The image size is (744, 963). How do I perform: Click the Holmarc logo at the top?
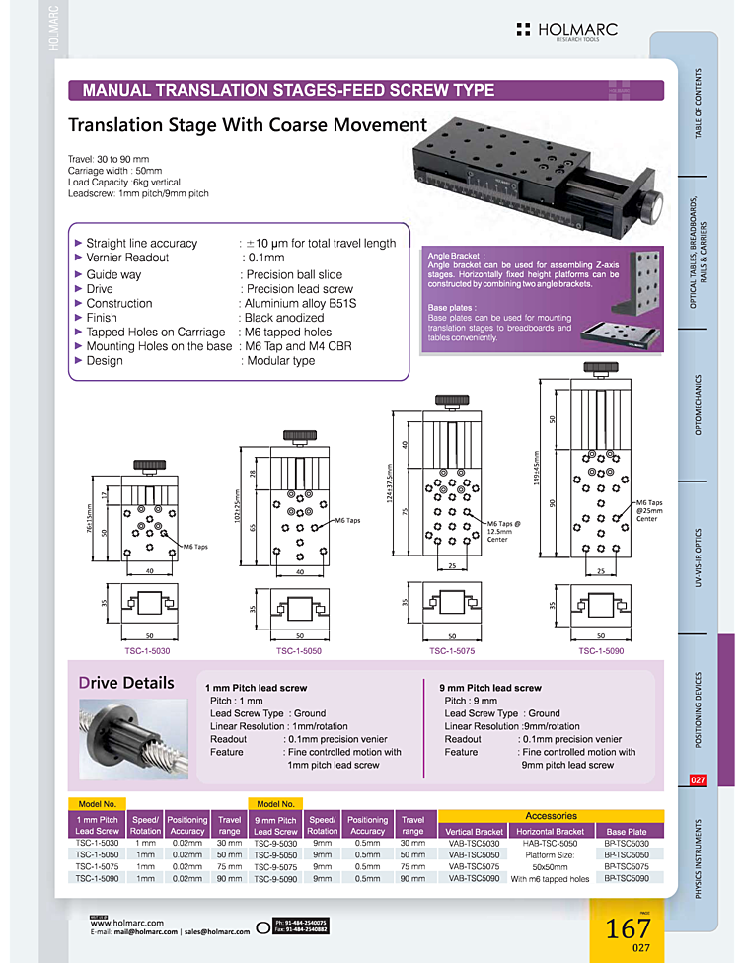pyautogui.click(x=565, y=31)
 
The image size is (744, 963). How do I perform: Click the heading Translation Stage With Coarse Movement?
pyautogui.click(x=247, y=125)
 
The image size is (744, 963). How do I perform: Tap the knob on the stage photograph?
pyautogui.click(x=652, y=208)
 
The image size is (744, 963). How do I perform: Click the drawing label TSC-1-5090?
pyautogui.click(x=601, y=651)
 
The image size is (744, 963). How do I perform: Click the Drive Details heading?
pyautogui.click(x=125, y=683)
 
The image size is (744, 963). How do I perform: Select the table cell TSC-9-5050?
pyautogui.click(x=275, y=854)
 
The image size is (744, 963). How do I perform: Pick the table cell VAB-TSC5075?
pyautogui.click(x=475, y=866)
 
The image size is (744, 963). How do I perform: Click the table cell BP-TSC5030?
pyautogui.click(x=627, y=844)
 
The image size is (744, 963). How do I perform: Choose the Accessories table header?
pyautogui.click(x=551, y=816)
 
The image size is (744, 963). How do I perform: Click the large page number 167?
pyautogui.click(x=628, y=928)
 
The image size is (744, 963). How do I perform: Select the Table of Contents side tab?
pyautogui.click(x=699, y=104)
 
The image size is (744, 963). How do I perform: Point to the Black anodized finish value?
pyautogui.click(x=284, y=318)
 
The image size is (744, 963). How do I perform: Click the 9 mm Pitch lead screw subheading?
pyautogui.click(x=489, y=688)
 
